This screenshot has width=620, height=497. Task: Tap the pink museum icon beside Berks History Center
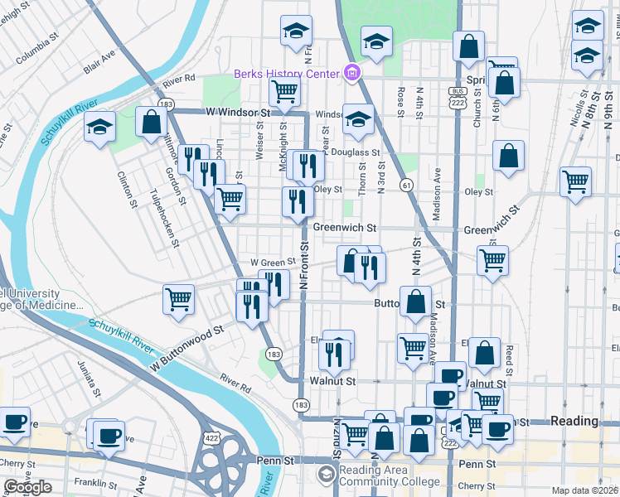coord(352,74)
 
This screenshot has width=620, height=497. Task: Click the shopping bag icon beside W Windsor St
coord(152,121)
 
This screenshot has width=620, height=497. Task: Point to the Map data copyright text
coord(585,490)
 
